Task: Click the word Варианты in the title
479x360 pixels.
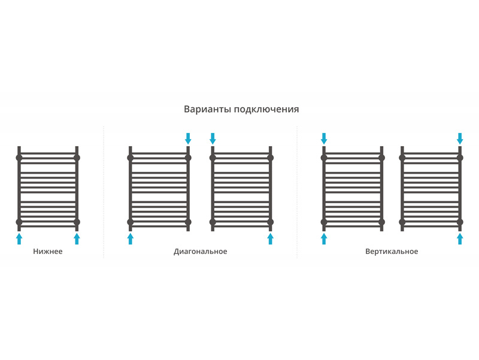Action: (207, 110)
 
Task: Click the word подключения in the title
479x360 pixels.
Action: (266, 110)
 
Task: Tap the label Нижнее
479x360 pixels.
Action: (48, 252)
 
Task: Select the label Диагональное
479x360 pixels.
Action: (201, 252)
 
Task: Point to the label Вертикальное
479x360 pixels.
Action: (392, 252)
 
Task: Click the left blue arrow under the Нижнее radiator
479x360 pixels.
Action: (19, 238)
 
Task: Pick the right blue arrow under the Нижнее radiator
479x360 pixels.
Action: (77, 238)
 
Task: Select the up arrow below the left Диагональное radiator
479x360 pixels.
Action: (131, 238)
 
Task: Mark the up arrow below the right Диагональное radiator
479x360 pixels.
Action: (271, 238)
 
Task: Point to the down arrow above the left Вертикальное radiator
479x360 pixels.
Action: (324, 138)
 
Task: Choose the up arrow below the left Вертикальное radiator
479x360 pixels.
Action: (324, 238)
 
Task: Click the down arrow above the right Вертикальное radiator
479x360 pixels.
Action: (460, 138)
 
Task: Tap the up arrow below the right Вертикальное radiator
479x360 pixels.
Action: (460, 238)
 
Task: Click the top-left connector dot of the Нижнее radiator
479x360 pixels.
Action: (19, 158)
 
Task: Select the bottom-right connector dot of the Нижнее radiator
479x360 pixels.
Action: (77, 222)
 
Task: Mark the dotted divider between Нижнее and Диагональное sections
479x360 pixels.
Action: (104, 192)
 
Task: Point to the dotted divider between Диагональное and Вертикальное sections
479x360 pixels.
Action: (297, 192)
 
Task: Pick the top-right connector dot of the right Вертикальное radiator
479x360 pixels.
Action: (460, 158)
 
